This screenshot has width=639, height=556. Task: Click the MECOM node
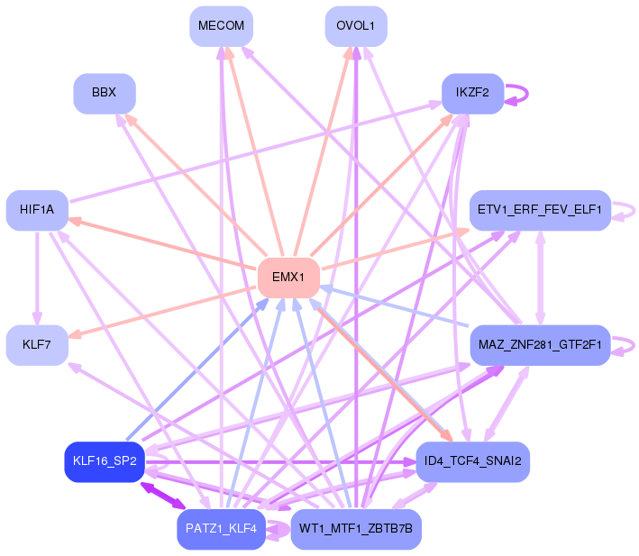221,26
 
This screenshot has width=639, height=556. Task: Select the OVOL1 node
356,26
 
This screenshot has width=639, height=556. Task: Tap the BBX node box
104,93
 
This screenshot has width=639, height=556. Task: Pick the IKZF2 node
472,93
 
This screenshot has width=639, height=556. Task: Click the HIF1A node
37,210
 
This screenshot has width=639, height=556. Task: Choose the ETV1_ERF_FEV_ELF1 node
540,210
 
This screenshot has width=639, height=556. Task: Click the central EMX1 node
288,277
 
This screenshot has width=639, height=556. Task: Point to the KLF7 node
37,344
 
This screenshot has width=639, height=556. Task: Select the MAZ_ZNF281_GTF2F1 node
540,344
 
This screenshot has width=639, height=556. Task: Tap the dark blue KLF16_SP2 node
104,460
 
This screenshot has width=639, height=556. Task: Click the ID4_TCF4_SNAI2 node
472,460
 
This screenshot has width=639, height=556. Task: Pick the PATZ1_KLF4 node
221,528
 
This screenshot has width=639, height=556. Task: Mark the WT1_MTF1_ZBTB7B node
356,528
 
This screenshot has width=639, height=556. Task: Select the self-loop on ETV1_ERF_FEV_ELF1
630,210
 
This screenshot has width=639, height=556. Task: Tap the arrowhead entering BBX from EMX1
130,118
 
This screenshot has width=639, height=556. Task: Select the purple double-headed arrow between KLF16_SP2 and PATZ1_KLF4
162,494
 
